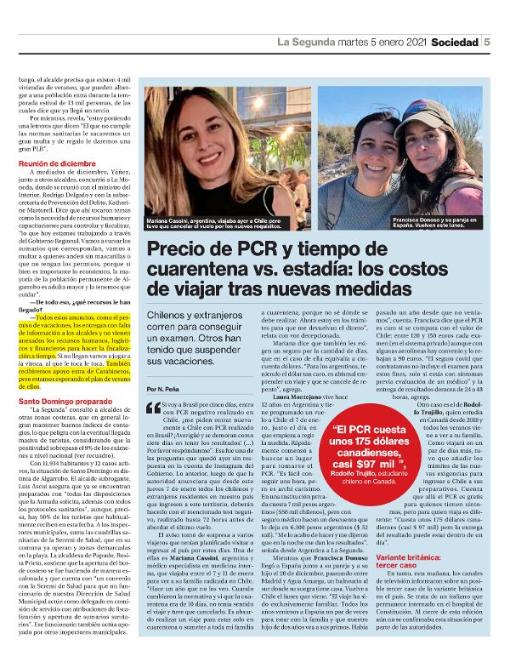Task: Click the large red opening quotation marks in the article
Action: point(153,408)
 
